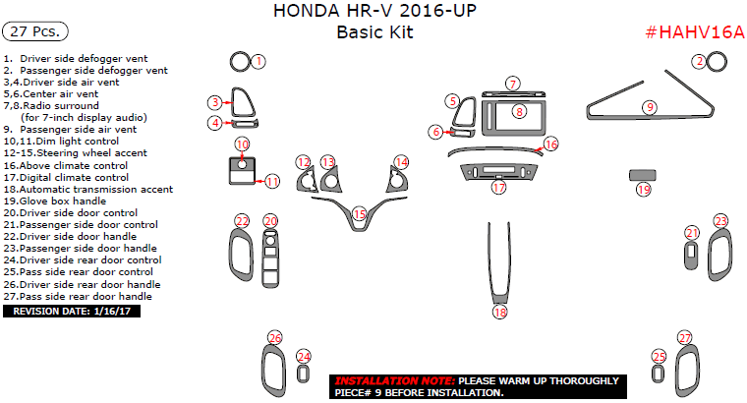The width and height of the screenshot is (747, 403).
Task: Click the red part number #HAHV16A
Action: pyautogui.click(x=695, y=32)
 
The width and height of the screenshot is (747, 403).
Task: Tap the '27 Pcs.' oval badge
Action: pyautogui.click(x=35, y=31)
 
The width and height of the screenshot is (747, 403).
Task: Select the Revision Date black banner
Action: pyautogui.click(x=72, y=312)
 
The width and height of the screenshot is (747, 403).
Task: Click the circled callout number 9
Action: pyautogui.click(x=650, y=107)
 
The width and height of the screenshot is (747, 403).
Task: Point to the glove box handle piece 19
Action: pyautogui.click(x=642, y=175)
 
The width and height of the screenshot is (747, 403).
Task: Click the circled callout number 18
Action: pyautogui.click(x=499, y=312)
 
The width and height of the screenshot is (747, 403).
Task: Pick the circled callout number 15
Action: pyautogui.click(x=359, y=214)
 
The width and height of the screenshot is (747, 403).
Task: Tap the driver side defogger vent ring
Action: pyautogui.click(x=240, y=62)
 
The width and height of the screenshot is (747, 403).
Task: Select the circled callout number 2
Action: pyautogui.click(x=700, y=62)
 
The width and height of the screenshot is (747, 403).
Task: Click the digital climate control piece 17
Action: pyautogui.click(x=498, y=171)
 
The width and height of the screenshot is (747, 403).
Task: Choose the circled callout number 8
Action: pyautogui.click(x=519, y=112)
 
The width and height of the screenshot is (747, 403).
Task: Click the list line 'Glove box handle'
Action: pyautogui.click(x=55, y=201)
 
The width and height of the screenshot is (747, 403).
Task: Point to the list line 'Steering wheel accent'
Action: pyautogui.click(x=76, y=153)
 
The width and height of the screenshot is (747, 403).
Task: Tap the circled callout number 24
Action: pyautogui.click(x=304, y=357)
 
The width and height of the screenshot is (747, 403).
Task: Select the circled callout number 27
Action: pyautogui.click(x=685, y=338)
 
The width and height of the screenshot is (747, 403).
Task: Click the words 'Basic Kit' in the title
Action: pyautogui.click(x=374, y=32)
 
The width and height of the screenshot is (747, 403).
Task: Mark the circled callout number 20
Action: pyautogui.click(x=270, y=221)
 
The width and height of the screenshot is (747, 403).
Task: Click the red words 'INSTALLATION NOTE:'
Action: pyautogui.click(x=395, y=381)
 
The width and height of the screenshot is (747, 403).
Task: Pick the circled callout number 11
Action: pyautogui.click(x=272, y=182)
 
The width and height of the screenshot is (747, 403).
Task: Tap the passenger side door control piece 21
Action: pyautogui.click(x=691, y=256)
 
